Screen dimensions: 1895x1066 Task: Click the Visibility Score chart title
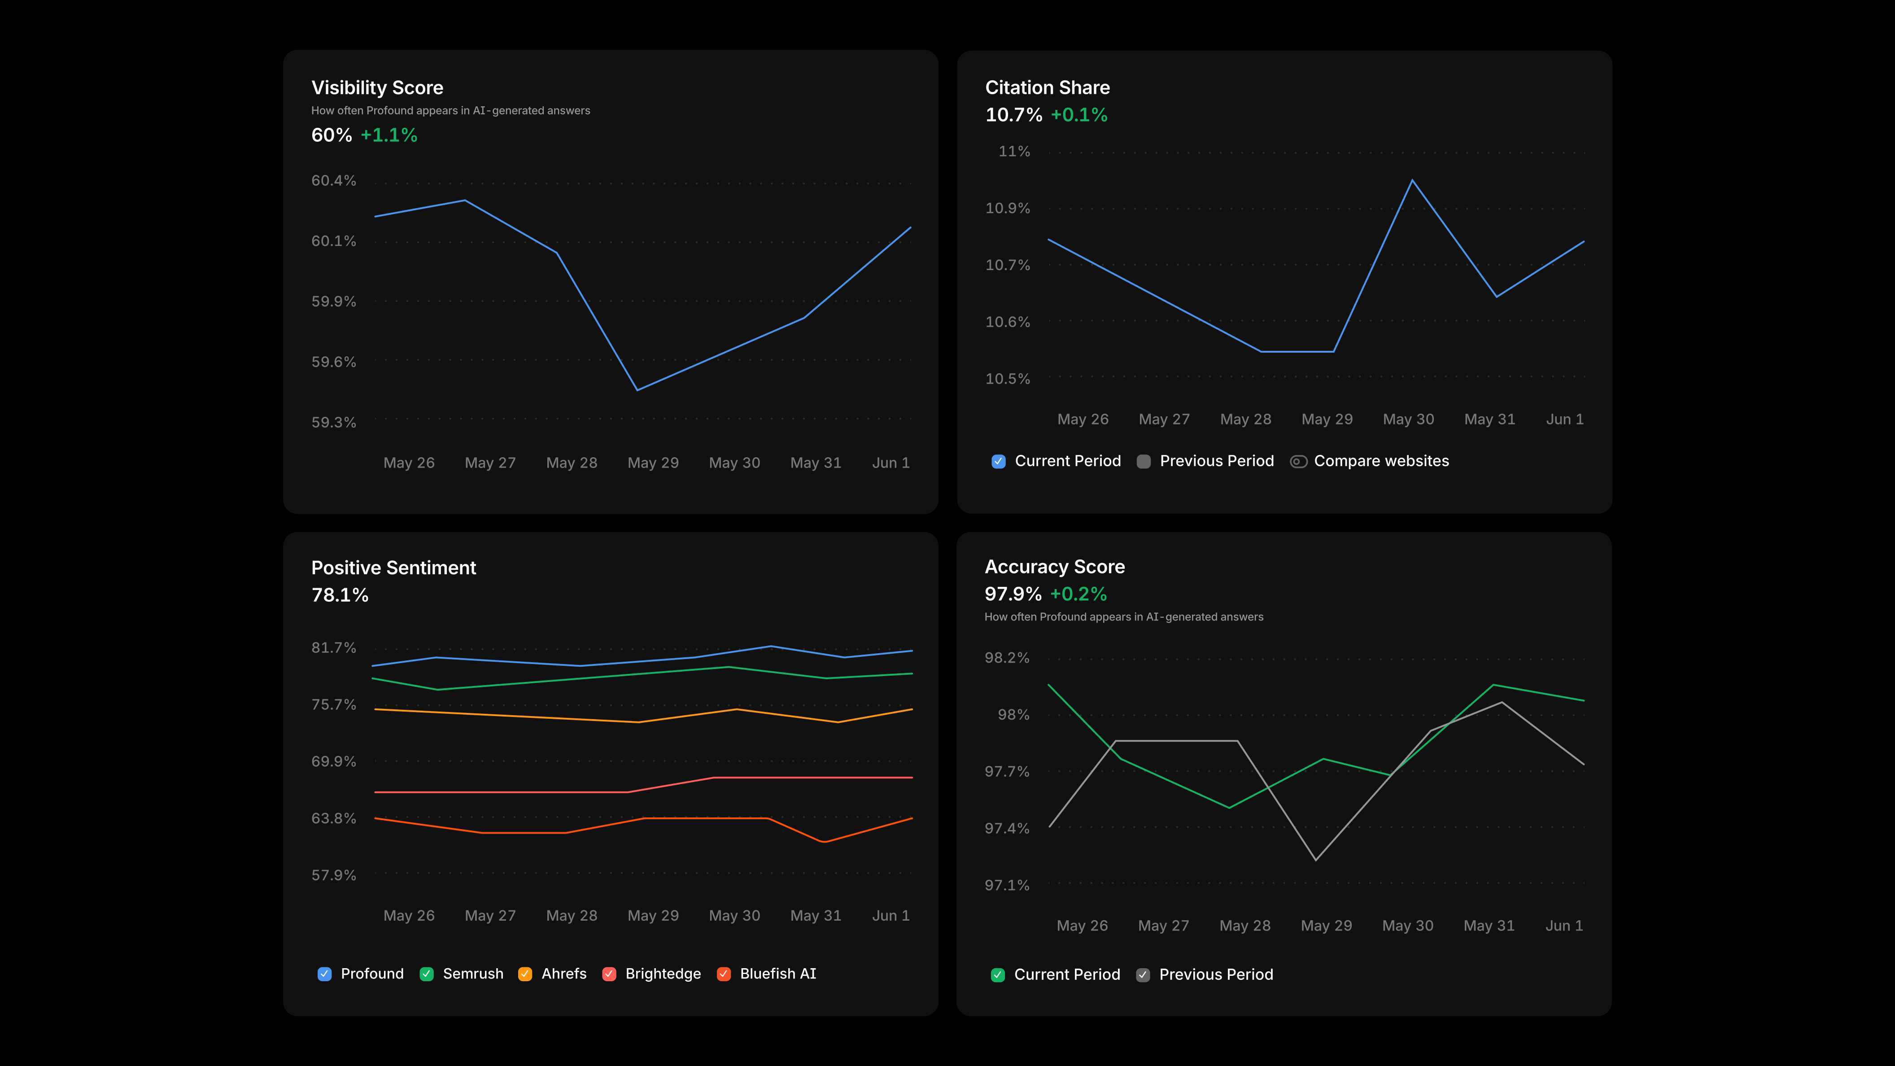click(377, 87)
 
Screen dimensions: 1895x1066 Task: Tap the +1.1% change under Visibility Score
click(389, 135)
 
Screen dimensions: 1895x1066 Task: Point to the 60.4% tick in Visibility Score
click(333, 180)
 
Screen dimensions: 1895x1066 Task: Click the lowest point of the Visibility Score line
click(637, 390)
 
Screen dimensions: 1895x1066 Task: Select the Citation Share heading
click(1048, 87)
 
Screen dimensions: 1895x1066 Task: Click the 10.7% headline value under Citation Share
click(1014, 115)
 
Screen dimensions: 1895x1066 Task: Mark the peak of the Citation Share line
click(1412, 180)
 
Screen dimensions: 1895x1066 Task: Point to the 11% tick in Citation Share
click(1014, 152)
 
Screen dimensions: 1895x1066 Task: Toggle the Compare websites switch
click(1298, 461)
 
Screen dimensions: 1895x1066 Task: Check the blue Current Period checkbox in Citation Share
click(998, 461)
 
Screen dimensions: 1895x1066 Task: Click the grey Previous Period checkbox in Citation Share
click(1144, 461)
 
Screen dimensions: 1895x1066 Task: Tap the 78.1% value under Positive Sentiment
click(340, 595)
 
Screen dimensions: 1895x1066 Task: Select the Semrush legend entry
click(462, 974)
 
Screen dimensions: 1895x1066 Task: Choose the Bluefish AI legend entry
click(767, 974)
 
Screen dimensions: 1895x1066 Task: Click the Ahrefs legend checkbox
click(525, 974)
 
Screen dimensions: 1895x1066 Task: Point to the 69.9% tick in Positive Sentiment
click(333, 761)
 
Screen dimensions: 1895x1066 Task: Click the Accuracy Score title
click(1055, 567)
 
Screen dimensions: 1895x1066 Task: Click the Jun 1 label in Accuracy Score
click(1564, 926)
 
